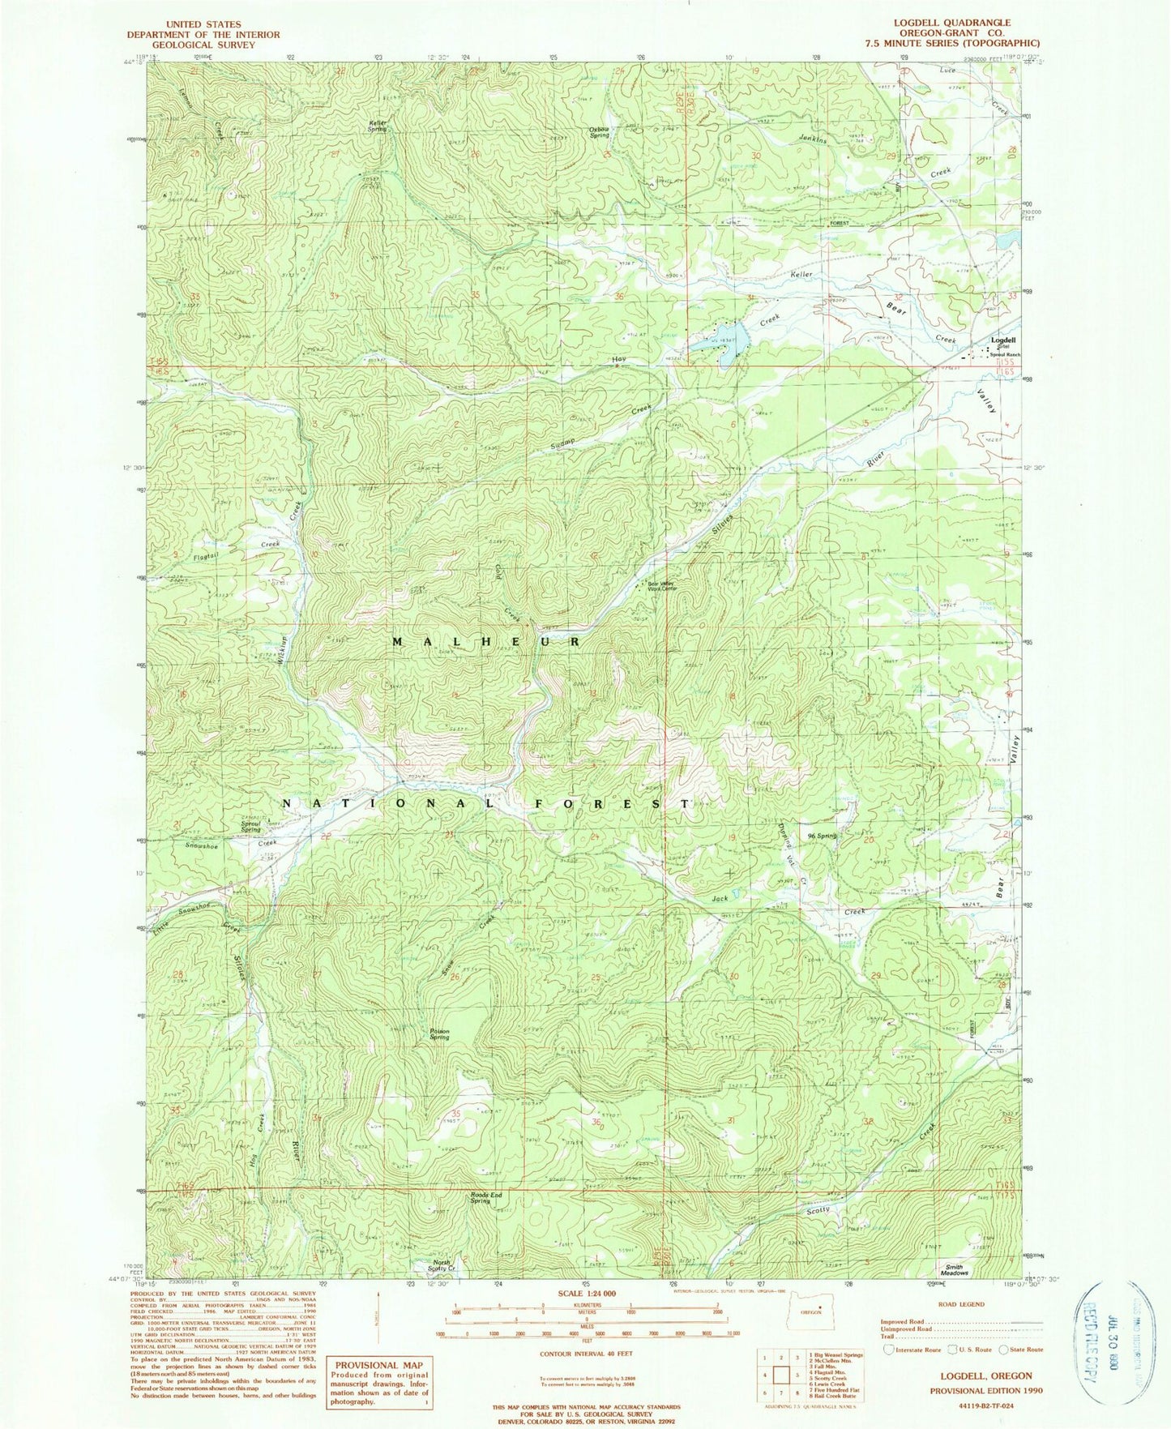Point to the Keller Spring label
point(377,126)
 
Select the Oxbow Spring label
point(599,132)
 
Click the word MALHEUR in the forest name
point(486,641)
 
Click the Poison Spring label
point(439,1034)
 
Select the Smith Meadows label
point(954,1270)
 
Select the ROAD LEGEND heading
point(960,1304)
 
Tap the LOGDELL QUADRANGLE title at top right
point(960,23)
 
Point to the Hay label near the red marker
point(619,358)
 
